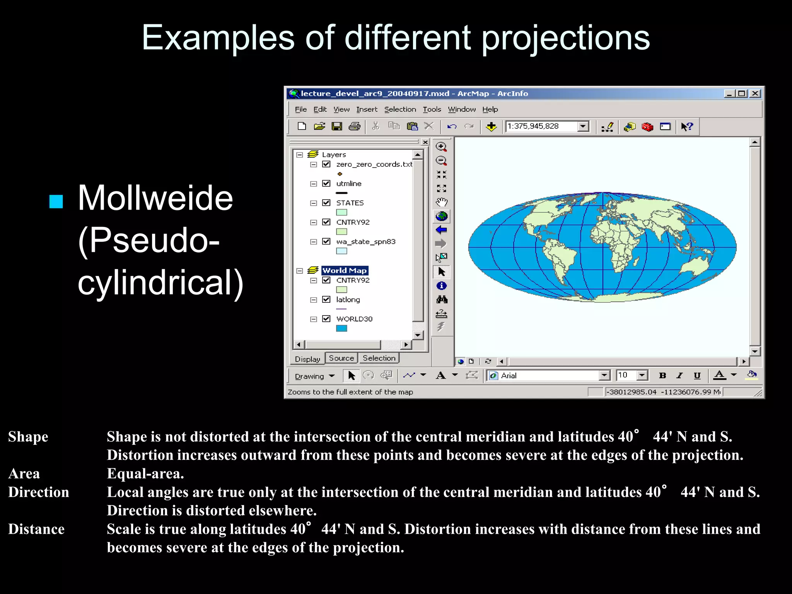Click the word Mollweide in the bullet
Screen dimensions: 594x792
155,198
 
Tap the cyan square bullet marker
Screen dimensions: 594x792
56,201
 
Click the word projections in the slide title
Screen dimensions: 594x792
565,38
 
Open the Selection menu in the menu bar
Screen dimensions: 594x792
400,109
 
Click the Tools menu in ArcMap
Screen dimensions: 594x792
432,109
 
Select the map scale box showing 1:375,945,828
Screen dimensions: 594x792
541,126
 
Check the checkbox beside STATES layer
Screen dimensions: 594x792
326,203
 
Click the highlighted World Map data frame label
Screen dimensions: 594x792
344,271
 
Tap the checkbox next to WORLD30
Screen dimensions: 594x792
326,319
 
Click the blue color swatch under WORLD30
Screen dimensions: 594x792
341,328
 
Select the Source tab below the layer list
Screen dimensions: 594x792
341,358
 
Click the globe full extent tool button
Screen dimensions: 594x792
441,216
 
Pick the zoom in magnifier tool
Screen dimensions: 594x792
441,147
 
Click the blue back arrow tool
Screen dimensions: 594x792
441,230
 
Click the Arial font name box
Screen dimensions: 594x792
545,376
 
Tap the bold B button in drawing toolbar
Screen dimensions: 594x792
662,376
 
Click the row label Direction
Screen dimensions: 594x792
39,492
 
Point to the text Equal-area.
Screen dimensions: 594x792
145,474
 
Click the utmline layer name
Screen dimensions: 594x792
349,184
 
